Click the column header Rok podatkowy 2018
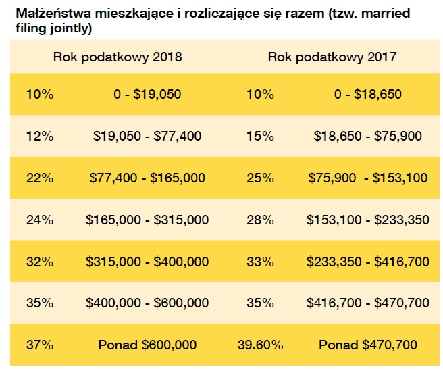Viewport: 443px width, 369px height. coord(118,57)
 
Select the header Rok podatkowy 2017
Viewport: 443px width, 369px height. coord(332,57)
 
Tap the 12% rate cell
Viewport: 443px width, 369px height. coord(39,136)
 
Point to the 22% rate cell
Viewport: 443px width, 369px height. coord(39,178)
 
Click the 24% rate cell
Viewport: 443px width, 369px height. coord(39,220)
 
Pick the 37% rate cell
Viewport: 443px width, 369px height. coord(39,345)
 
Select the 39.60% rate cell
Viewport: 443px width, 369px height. coord(260,345)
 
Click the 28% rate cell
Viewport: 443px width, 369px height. coord(260,220)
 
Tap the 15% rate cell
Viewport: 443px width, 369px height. coord(260,136)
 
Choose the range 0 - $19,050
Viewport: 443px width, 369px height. coord(147,94)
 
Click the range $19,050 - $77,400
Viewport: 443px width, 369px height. coord(147,136)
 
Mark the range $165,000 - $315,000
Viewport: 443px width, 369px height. coord(147,220)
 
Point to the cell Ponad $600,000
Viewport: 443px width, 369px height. coord(147,345)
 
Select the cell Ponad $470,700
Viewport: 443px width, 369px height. coord(368,345)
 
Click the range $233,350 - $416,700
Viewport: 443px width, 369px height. coord(368,262)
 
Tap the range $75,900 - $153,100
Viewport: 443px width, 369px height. coord(368,178)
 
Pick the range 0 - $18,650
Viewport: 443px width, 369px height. coord(368,94)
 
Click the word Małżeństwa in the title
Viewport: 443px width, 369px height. coord(47,14)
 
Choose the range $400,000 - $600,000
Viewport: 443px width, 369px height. coord(147,303)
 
